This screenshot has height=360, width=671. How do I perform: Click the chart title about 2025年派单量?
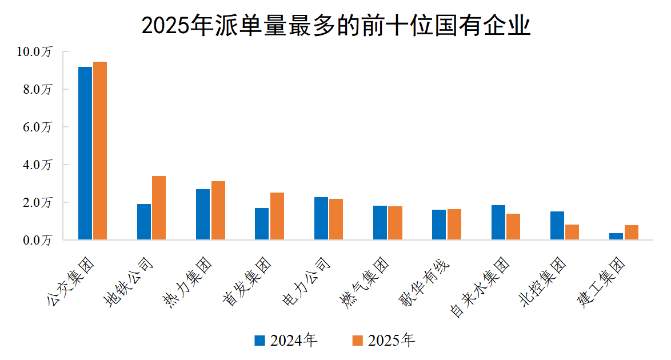click(335, 26)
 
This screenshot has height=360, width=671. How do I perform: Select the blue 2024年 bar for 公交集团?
click(85, 153)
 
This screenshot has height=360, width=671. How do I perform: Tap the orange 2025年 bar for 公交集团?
click(100, 150)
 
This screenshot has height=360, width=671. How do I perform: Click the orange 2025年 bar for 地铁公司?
click(159, 208)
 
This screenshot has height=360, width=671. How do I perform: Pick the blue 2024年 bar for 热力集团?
click(203, 214)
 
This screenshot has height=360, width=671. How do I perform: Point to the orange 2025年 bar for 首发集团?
click(277, 216)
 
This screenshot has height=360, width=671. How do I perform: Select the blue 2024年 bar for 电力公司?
click(321, 218)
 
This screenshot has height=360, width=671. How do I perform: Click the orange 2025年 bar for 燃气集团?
click(395, 223)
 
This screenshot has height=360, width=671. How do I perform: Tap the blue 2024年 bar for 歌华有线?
click(439, 225)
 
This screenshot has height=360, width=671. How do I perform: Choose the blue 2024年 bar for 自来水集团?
click(498, 222)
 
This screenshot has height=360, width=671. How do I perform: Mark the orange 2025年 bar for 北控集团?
click(572, 232)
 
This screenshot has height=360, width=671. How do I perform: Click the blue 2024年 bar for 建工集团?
click(616, 236)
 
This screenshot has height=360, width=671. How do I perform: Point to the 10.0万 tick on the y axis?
click(35, 51)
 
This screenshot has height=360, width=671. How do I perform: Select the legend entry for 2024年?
click(286, 341)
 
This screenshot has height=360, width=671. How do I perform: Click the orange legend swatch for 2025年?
click(357, 341)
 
